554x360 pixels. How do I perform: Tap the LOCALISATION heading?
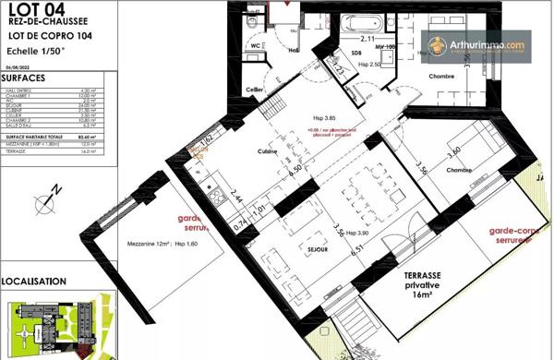[33, 281]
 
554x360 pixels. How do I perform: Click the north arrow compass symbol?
[46, 197]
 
